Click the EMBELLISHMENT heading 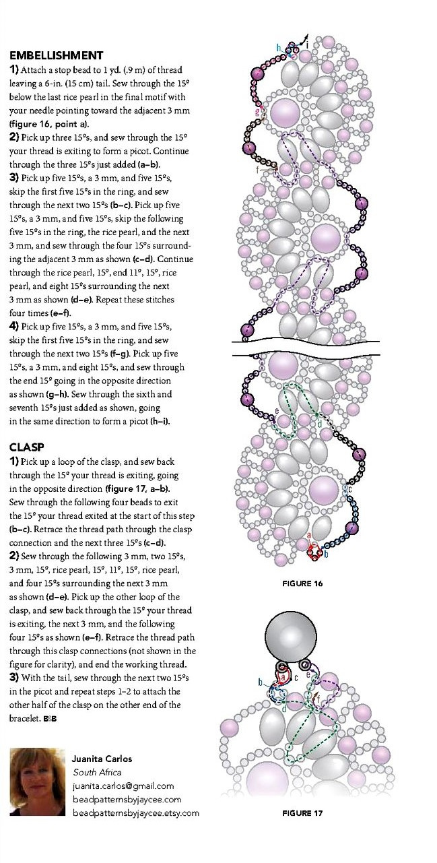[56, 55]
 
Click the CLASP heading [27, 447]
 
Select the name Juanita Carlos [103, 759]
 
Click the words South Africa [97, 772]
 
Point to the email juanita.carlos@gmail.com [123, 786]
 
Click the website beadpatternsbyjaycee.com [127, 799]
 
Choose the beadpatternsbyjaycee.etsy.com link [136, 812]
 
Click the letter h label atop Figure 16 [279, 47]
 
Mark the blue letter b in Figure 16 [326, 555]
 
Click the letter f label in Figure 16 [257, 169]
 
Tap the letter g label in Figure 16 [257, 112]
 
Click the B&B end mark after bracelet [50, 719]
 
